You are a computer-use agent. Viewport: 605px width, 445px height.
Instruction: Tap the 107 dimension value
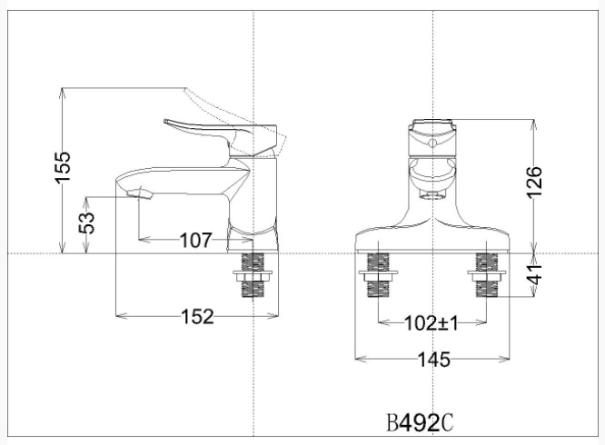tap(194, 241)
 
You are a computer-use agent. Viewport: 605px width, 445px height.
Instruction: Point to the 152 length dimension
tap(196, 316)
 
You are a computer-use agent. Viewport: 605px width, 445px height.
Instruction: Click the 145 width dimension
tap(432, 360)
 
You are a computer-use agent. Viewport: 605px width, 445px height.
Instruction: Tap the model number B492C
tap(419, 423)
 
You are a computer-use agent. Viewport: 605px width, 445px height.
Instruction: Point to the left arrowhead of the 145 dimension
tap(357, 359)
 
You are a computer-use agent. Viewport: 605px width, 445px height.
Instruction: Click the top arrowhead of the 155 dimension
tap(63, 91)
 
